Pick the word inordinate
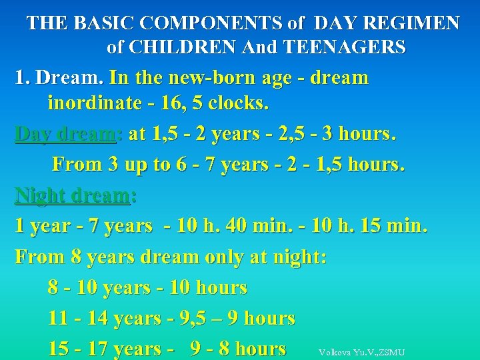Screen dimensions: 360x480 (95, 103)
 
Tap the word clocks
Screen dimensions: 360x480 (239, 103)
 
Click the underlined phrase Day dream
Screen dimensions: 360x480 (65, 134)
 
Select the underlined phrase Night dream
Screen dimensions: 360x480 (73, 195)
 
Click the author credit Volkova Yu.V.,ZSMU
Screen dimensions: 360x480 (361, 352)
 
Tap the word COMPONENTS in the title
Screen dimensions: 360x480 (209, 23)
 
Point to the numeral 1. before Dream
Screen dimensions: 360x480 (22, 77)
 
